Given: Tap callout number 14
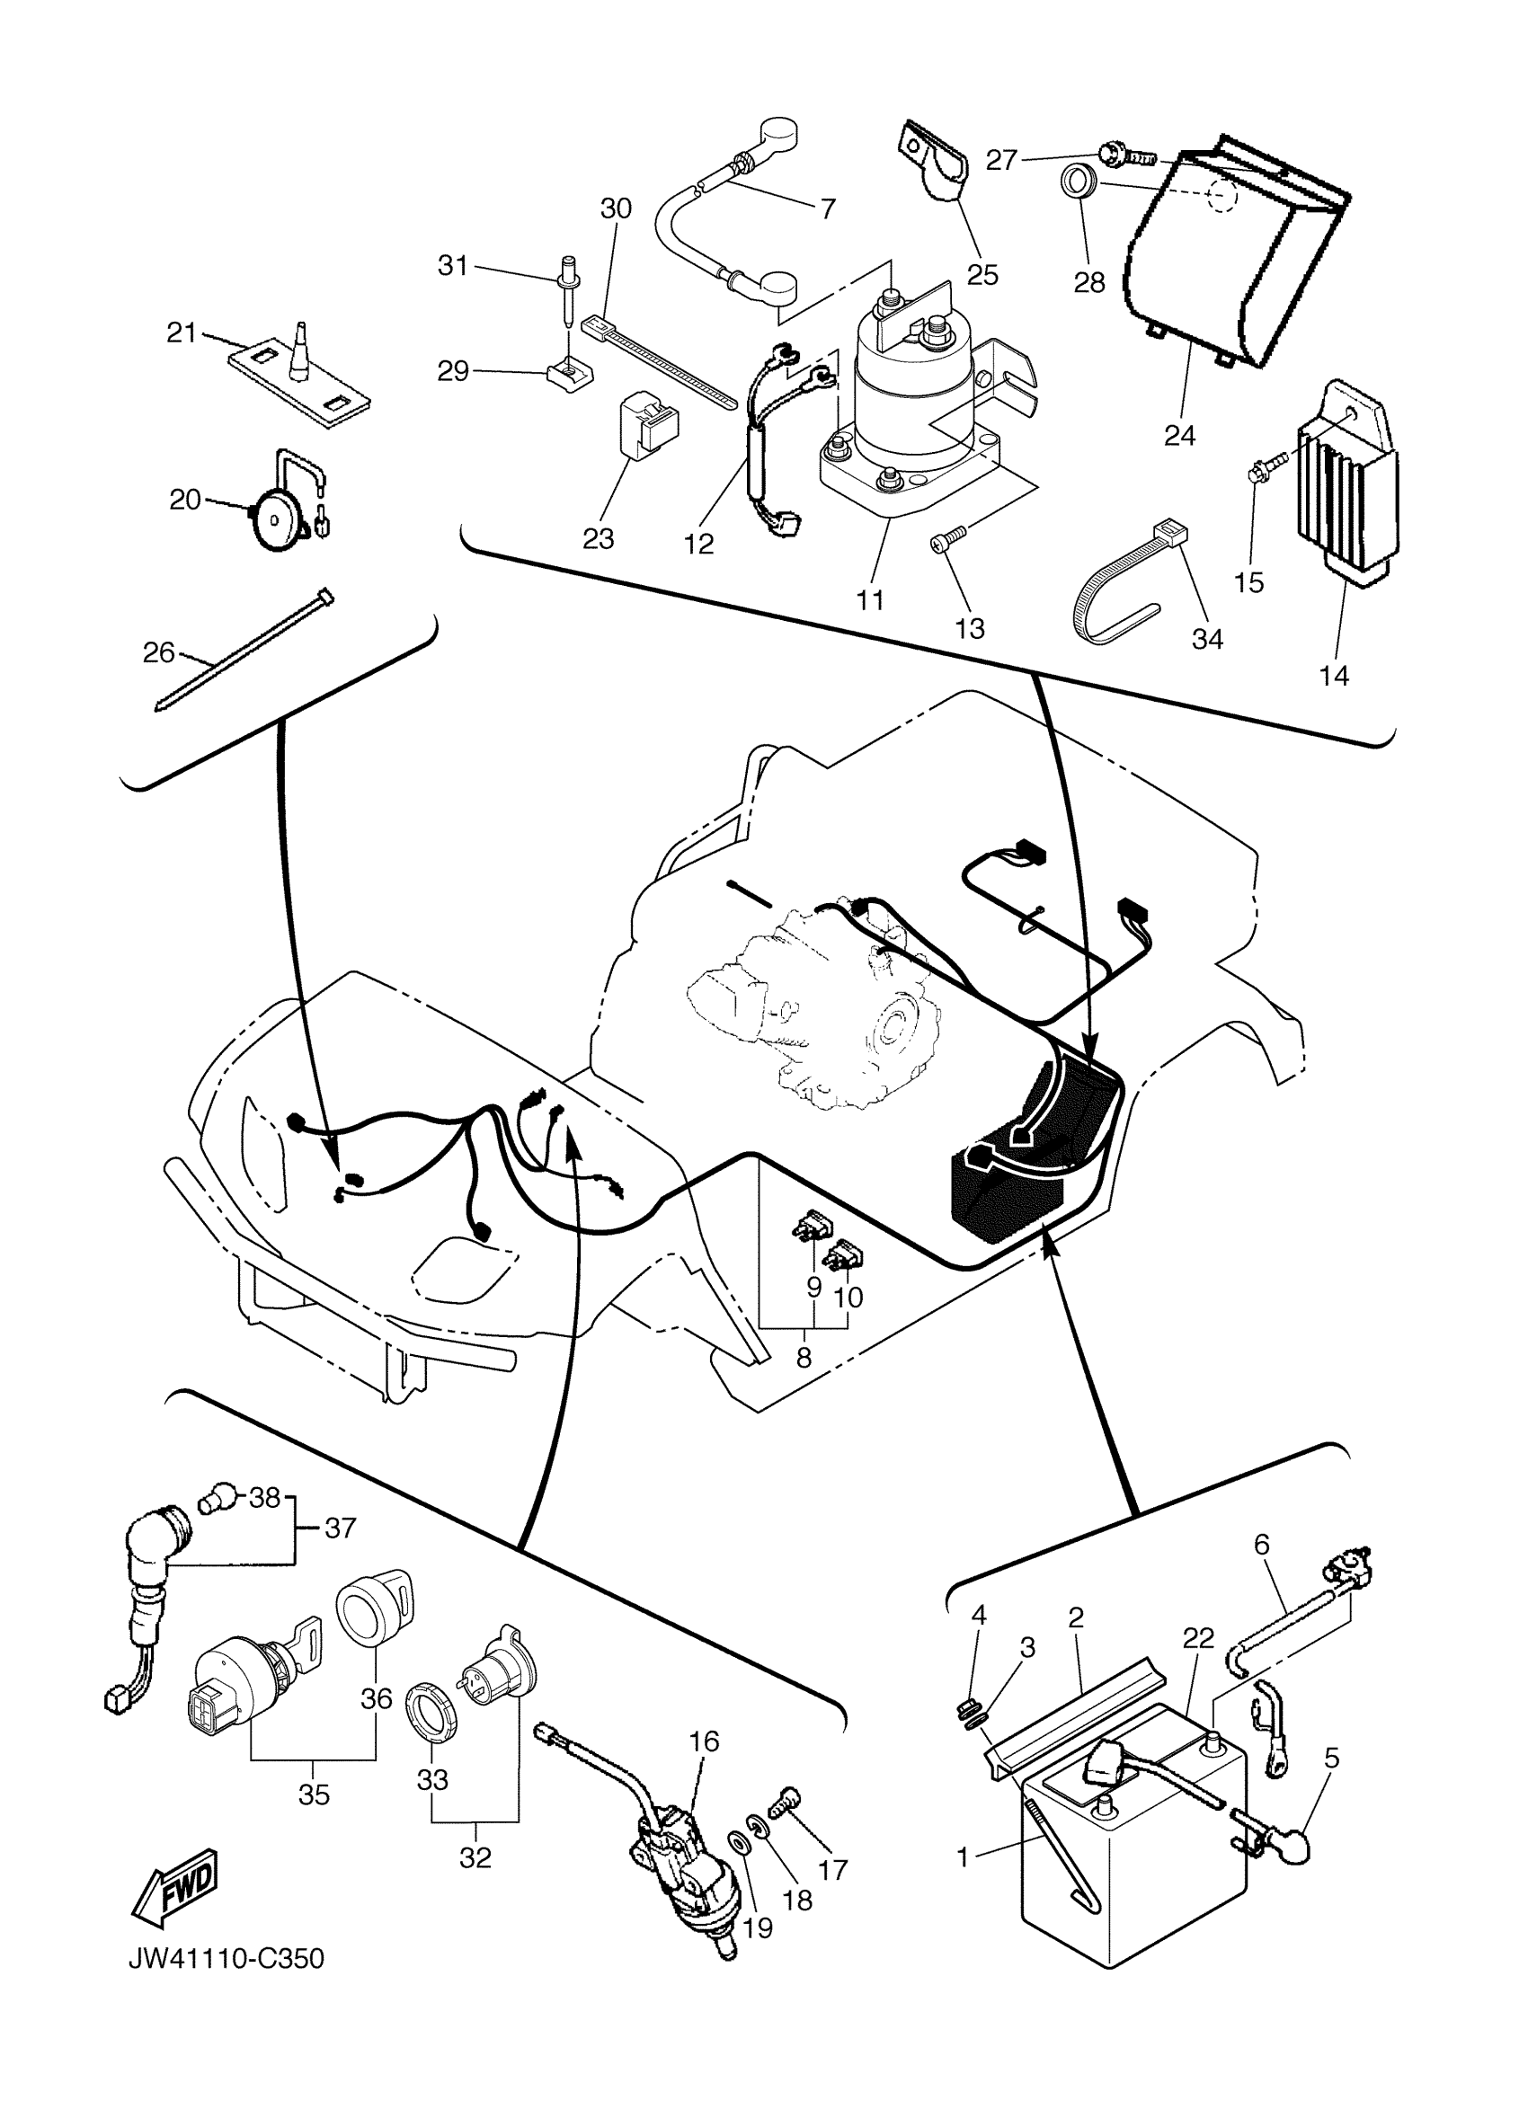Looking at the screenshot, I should pos(1334,675).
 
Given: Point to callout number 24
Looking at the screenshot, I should pos(1179,434).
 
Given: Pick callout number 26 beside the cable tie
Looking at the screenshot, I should pos(159,652).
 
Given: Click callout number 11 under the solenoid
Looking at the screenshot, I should pos(869,599).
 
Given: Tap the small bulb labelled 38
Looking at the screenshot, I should pos(217,1496).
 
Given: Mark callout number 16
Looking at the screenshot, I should pos(705,1740).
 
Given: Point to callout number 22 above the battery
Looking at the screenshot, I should pos(1199,1638).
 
